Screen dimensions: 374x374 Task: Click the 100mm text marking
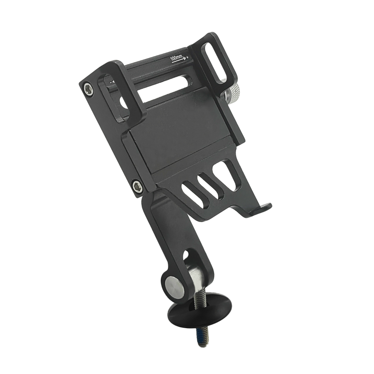pos(176,58)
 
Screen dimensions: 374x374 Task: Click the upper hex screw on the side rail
pos(89,90)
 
